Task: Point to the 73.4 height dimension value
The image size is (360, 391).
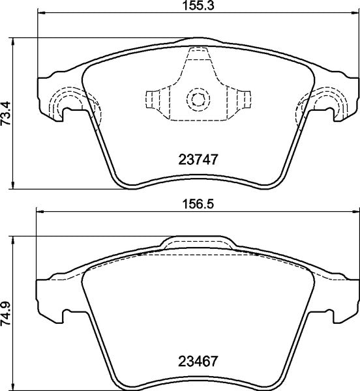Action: pyautogui.click(x=6, y=113)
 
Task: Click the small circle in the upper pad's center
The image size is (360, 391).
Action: pyautogui.click(x=197, y=99)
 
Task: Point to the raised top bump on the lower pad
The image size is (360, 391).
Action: pyautogui.click(x=197, y=241)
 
